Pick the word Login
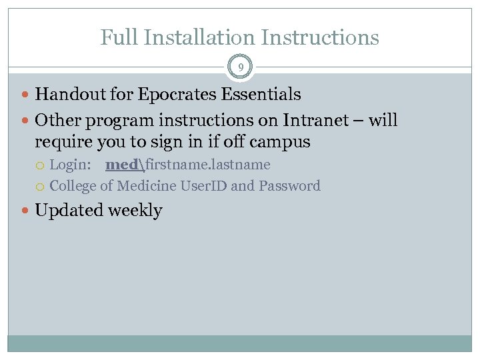point(70,165)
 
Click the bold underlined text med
point(121,165)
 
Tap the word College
point(72,186)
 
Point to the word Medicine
point(147,186)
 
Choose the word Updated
point(69,211)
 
